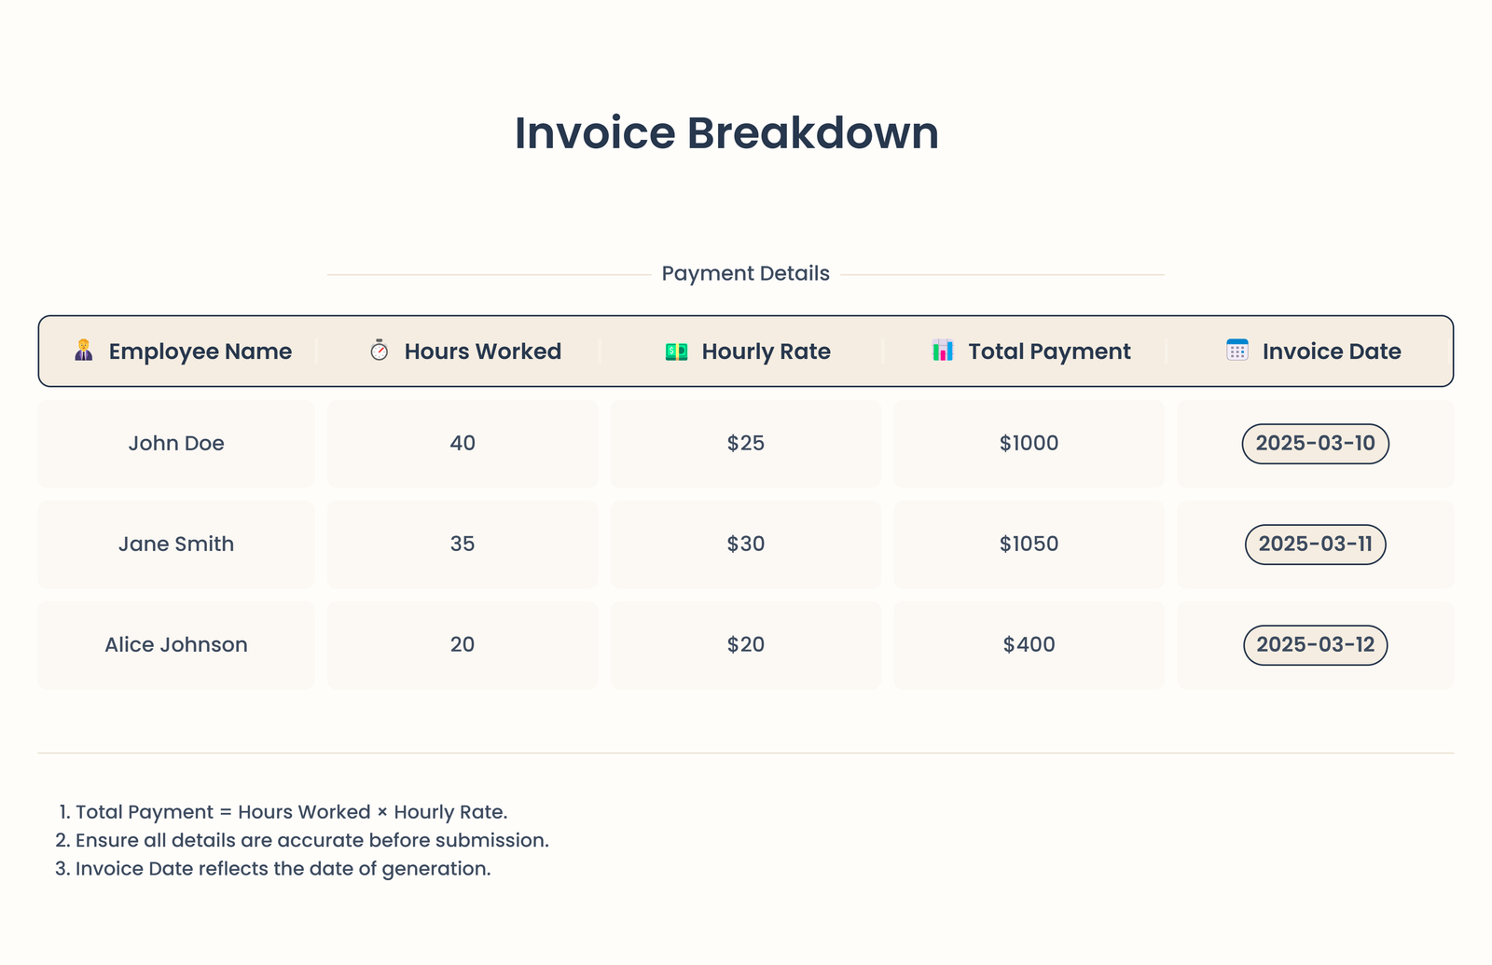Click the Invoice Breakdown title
point(726,133)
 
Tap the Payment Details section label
point(745,274)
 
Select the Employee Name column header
point(200,352)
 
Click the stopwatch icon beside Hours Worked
point(379,351)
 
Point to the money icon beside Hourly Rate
point(676,352)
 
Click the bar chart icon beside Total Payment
point(943,351)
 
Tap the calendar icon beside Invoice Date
point(1237,351)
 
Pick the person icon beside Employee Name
point(84,351)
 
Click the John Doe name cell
point(176,444)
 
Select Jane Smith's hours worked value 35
point(463,545)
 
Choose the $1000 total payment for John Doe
point(1029,444)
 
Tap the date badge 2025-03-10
point(1315,444)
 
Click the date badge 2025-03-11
point(1315,545)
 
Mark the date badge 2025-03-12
point(1315,645)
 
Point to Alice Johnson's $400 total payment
point(1029,645)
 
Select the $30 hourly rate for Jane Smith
point(745,545)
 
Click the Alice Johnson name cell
point(176,645)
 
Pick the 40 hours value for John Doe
point(463,444)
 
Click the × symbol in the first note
point(382,813)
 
